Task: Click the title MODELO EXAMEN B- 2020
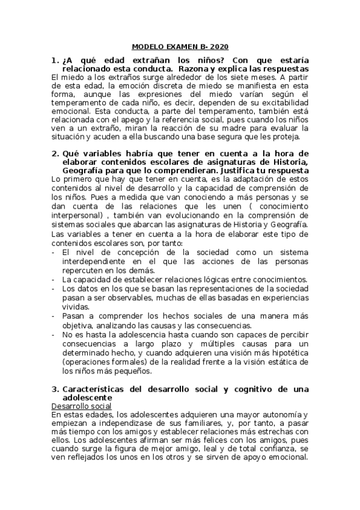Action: point(180,46)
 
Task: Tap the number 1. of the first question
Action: point(55,61)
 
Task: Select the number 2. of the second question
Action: point(55,154)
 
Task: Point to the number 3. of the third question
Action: point(55,390)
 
